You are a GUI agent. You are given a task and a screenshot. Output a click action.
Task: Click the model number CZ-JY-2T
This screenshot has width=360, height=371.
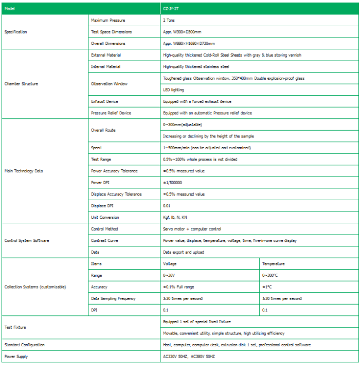tap(172, 9)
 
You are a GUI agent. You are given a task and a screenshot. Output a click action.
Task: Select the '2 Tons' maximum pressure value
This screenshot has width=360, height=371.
tap(170, 20)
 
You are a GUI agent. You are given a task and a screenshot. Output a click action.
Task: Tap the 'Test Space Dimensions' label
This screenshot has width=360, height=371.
tap(111, 32)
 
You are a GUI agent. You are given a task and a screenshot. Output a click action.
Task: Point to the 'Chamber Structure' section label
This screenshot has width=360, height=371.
tap(21, 83)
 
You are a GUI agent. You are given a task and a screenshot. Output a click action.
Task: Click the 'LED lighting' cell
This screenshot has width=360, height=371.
tap(173, 90)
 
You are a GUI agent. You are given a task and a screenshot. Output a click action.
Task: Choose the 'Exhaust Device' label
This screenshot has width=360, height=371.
tap(104, 101)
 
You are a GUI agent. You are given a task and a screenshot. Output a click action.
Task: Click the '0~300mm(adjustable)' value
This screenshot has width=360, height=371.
tap(183, 125)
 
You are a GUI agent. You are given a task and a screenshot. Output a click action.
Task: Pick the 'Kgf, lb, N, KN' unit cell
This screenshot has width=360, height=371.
tap(175, 217)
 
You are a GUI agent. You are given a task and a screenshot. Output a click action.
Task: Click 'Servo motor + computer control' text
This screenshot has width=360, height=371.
tap(192, 229)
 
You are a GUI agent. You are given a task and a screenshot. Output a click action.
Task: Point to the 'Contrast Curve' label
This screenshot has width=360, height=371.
tap(105, 240)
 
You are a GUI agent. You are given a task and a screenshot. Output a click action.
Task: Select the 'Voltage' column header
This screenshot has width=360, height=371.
tap(170, 263)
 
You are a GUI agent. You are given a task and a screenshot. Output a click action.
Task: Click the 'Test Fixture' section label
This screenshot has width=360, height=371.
tap(15, 327)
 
